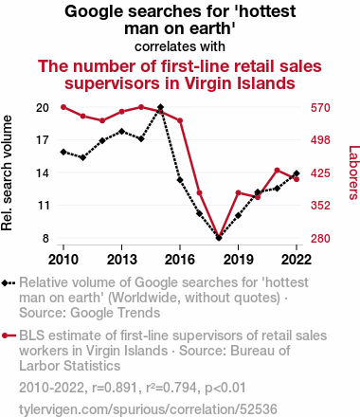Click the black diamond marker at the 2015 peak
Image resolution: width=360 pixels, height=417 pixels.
pyautogui.click(x=160, y=107)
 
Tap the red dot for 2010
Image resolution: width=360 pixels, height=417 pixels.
pyautogui.click(x=63, y=107)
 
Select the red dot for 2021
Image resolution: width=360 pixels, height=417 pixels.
pyautogui.click(x=278, y=171)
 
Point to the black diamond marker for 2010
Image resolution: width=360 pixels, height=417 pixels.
pyautogui.click(x=63, y=152)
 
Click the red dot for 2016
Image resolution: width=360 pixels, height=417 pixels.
pyautogui.click(x=180, y=120)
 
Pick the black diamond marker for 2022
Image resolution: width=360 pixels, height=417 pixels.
pyautogui.click(x=297, y=173)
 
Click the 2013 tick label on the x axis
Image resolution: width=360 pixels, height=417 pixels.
pyautogui.click(x=122, y=260)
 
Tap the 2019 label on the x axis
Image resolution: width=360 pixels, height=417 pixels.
pyautogui.click(x=239, y=260)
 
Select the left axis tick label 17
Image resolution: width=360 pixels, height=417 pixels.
pyautogui.click(x=43, y=140)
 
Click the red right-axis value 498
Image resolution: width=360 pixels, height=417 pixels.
pyautogui.click(x=320, y=140)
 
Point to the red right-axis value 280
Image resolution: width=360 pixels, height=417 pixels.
pyautogui.click(x=320, y=238)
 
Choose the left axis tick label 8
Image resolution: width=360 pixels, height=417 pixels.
pyautogui.click(x=45, y=238)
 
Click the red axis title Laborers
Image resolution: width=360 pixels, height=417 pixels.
pyautogui.click(x=353, y=172)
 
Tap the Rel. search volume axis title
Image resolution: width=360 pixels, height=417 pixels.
pyautogui.click(x=7, y=172)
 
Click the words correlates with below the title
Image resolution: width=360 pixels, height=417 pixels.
pyautogui.click(x=180, y=46)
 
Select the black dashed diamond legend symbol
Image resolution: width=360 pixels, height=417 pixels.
pyautogui.click(x=9, y=283)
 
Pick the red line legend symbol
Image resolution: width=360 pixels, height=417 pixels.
pyautogui.click(x=9, y=335)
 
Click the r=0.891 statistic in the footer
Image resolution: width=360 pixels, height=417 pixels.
pyautogui.click(x=115, y=388)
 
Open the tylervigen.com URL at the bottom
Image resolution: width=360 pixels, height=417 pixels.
pyautogui.click(x=148, y=409)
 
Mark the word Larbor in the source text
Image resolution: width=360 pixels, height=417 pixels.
pyautogui.click(x=40, y=366)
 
